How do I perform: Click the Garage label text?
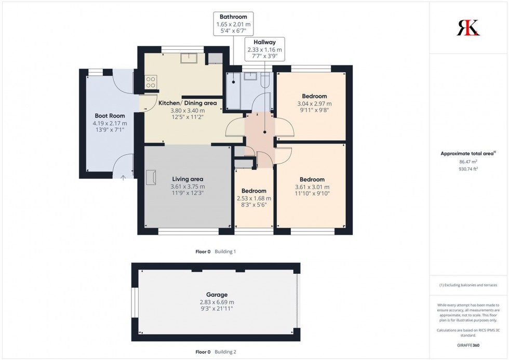click(217, 295)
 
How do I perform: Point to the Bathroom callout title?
click(233, 17)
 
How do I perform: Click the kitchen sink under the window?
click(188, 58)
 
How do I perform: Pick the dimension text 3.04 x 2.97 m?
click(314, 103)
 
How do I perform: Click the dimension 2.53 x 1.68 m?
click(254, 198)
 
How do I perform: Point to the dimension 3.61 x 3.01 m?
click(312, 187)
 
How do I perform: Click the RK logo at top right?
click(468, 28)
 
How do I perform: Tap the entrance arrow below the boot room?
click(123, 178)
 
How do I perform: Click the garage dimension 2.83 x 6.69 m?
click(217, 302)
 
